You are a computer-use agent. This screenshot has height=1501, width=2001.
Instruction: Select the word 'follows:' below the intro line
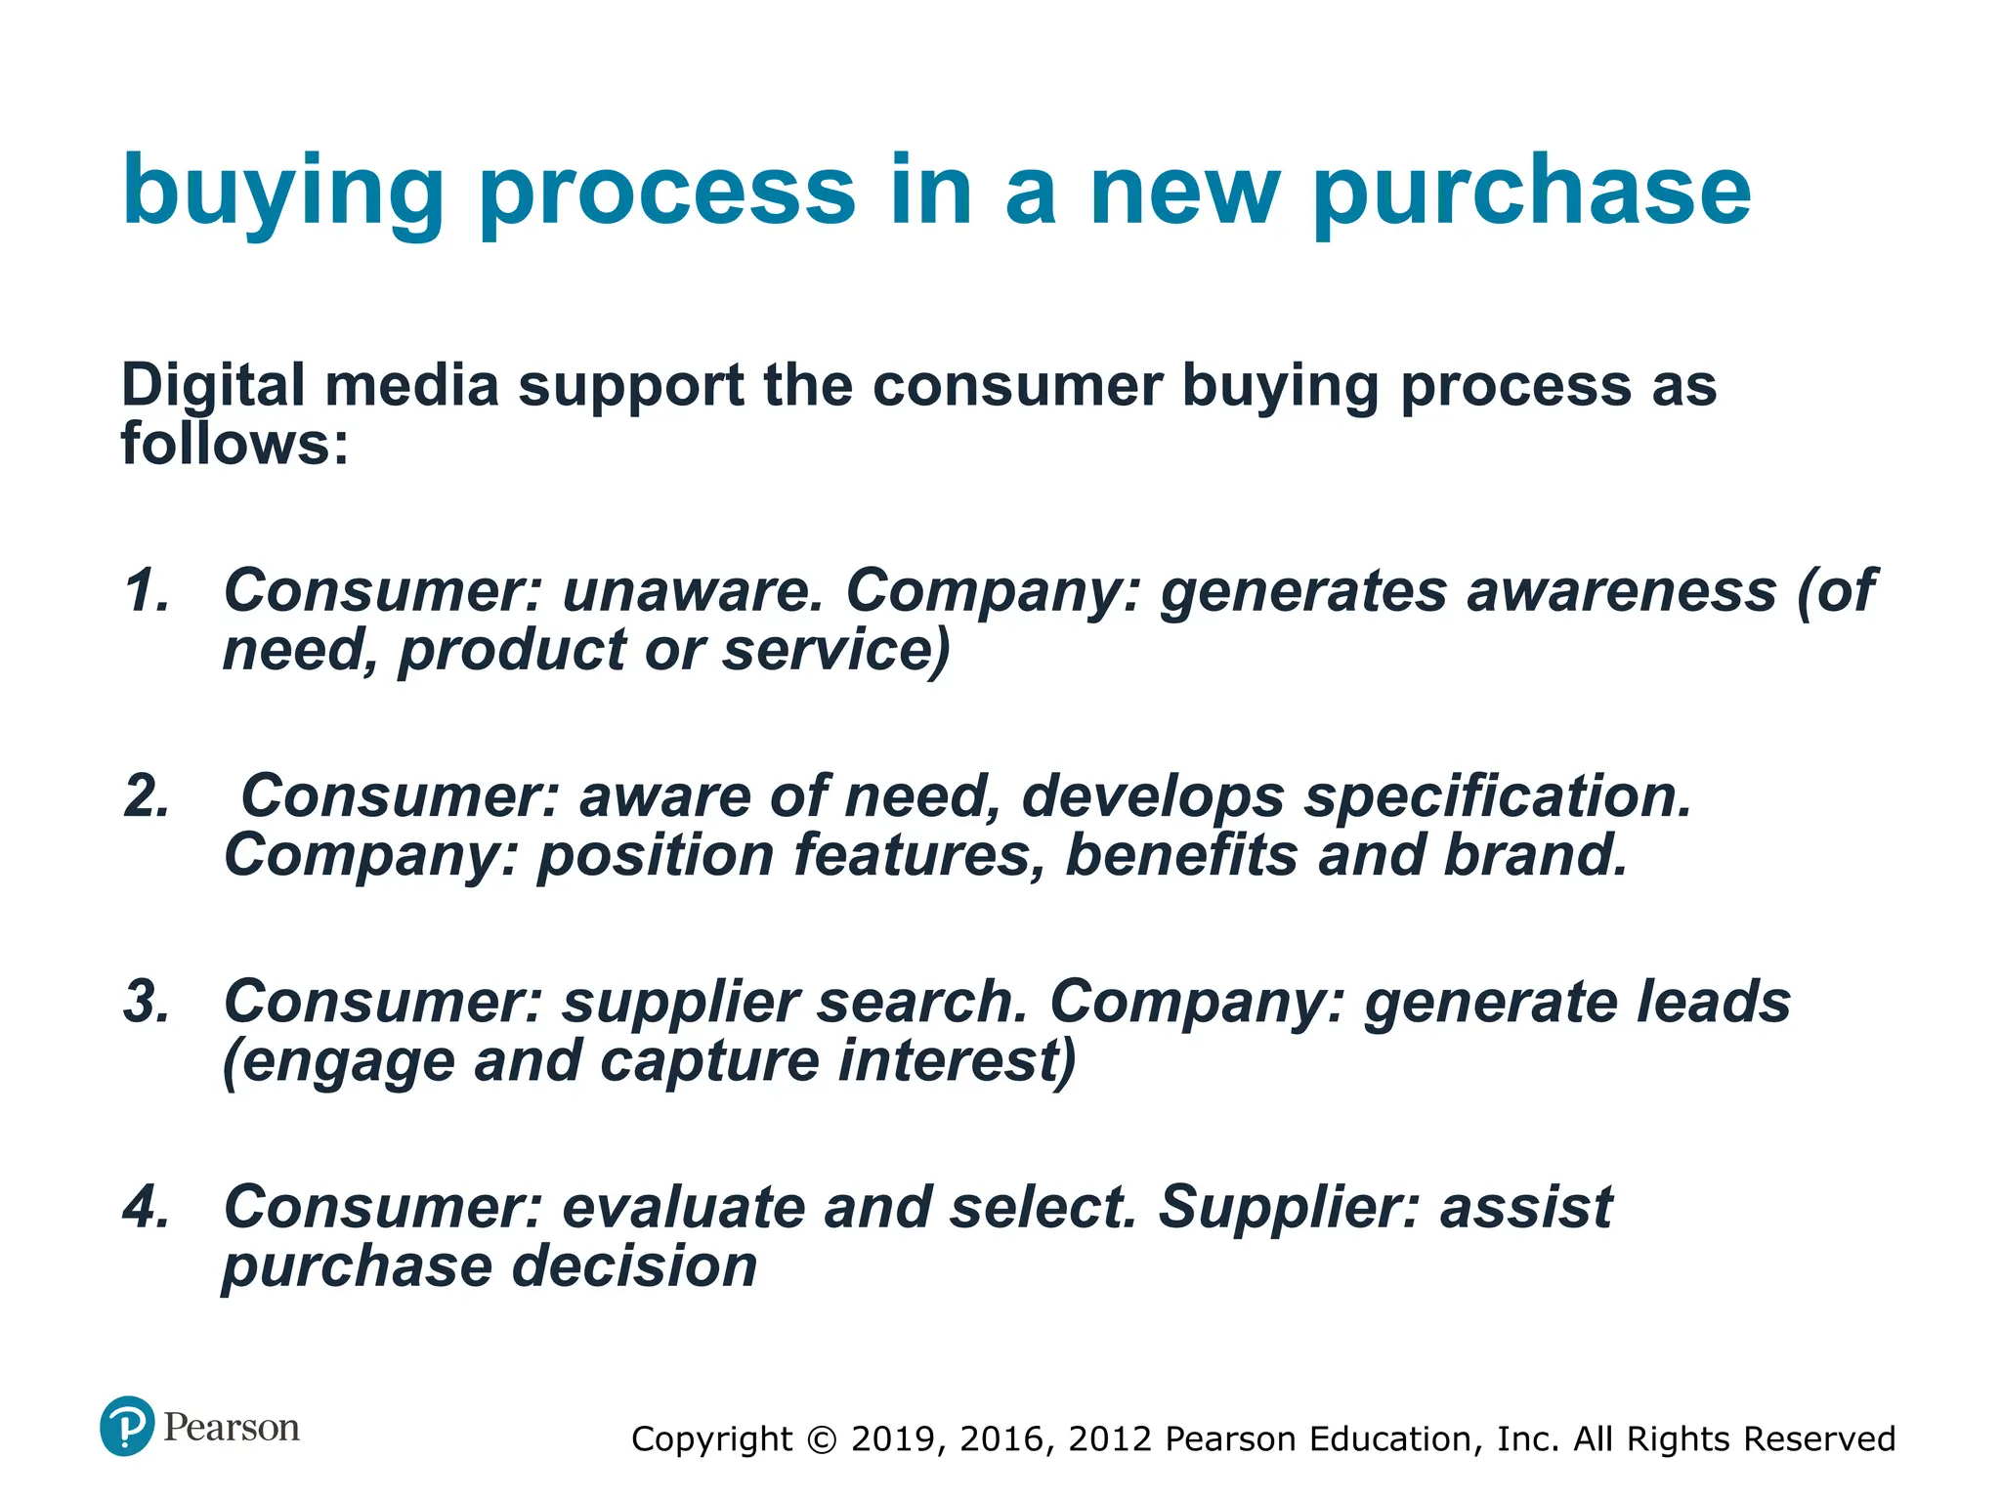[234, 444]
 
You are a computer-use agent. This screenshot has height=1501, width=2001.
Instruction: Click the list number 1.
[147, 591]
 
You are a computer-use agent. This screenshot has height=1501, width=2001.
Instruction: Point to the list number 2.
[147, 796]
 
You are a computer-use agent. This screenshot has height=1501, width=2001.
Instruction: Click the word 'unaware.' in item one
[694, 591]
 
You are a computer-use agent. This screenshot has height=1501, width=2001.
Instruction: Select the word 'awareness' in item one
[1621, 591]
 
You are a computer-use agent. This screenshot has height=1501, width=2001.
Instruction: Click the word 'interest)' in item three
[957, 1061]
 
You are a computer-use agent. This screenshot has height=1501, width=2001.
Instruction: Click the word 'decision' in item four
[635, 1266]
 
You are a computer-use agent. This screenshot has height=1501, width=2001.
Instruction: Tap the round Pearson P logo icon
[127, 1426]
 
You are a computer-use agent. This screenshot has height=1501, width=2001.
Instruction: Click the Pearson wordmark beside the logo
[232, 1428]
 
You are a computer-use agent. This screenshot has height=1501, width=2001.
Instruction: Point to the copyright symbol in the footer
[822, 1439]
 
